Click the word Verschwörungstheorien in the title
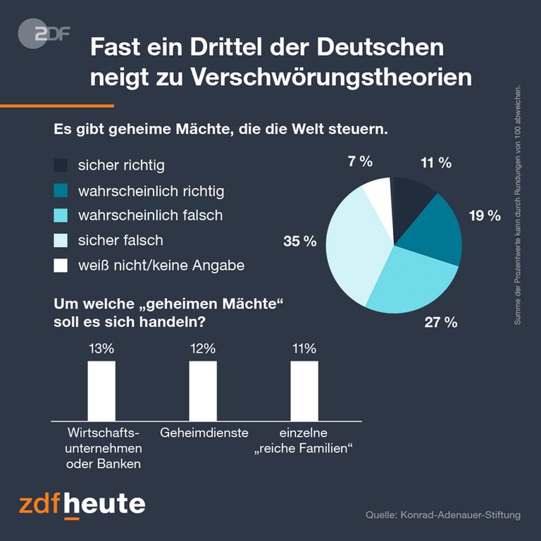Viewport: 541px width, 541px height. pos(331,77)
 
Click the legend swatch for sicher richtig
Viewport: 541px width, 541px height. pos(61,166)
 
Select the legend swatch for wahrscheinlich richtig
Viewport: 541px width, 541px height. pos(61,190)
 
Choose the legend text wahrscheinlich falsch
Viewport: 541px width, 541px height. pos(150,216)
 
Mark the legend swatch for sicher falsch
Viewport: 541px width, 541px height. pos(61,240)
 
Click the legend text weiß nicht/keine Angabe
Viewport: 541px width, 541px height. pos(161,266)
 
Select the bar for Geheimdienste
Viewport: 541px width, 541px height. pos(203,391)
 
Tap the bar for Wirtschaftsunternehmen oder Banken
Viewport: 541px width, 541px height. pos(101,391)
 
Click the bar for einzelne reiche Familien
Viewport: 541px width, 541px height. pos(304,391)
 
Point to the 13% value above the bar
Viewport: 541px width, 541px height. pos(101,348)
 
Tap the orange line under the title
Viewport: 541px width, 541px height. pos(56,106)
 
